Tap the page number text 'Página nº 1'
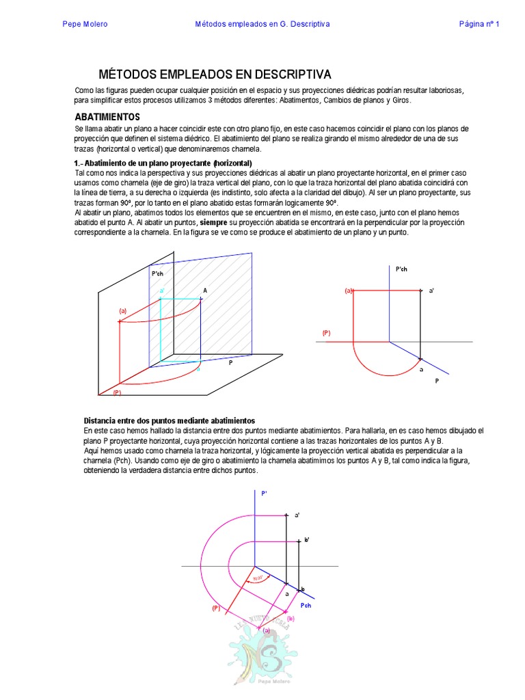coord(479,24)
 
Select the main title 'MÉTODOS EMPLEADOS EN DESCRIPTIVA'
coord(215,74)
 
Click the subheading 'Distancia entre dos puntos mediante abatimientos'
coord(169,420)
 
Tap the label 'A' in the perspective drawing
coord(204,291)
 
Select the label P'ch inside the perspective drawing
coord(157,273)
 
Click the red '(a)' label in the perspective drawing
coord(123,310)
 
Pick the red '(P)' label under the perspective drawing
coord(117,392)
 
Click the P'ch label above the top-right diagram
coord(402,269)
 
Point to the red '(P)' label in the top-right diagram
coord(327,333)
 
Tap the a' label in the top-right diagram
coord(431,291)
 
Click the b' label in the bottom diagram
coord(307,540)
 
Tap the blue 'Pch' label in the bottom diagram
coord(306,606)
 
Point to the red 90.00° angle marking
coord(258,578)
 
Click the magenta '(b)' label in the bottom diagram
coord(291,618)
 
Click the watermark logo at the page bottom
coord(262,656)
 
